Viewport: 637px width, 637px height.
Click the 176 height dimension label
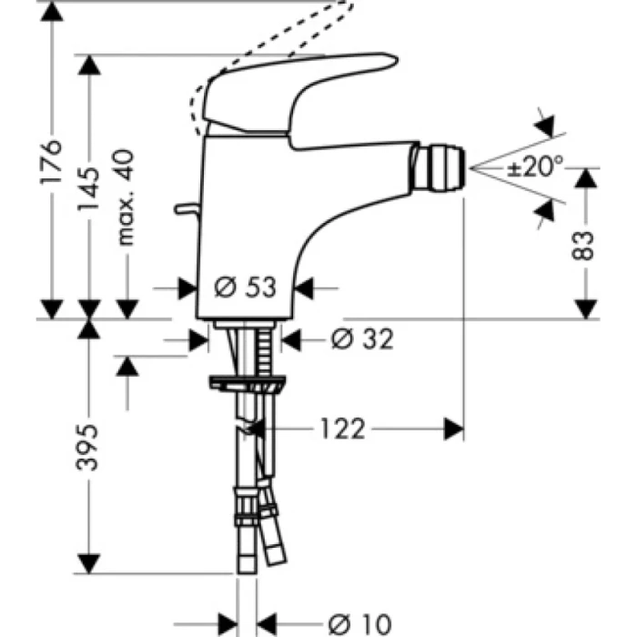[53, 161]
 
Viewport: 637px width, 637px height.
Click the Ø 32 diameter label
[361, 339]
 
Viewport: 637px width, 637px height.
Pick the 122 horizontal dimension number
[341, 428]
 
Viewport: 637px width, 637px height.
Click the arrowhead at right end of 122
[454, 428]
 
